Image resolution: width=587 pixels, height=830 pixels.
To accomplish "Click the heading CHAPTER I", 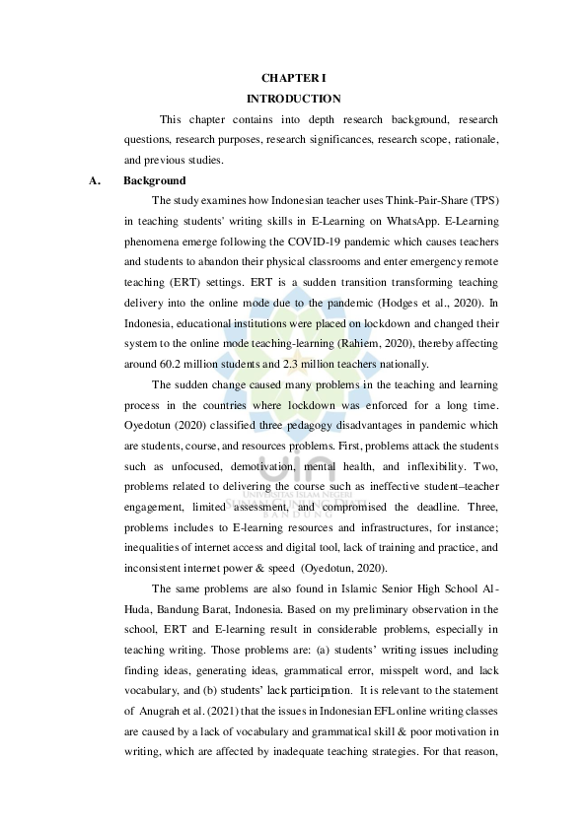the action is [293, 77].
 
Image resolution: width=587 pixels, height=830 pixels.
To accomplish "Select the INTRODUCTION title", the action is [293, 99].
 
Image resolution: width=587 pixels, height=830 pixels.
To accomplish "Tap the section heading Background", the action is [155, 180].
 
